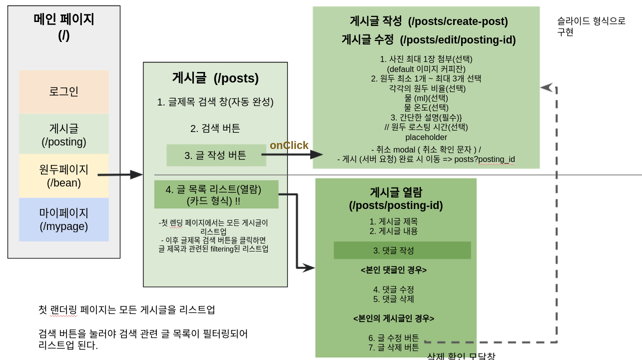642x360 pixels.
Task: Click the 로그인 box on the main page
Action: click(64, 91)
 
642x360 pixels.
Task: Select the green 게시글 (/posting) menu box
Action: click(64, 134)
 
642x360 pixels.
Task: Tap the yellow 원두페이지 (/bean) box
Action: click(64, 176)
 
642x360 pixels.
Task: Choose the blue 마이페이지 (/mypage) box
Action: click(64, 219)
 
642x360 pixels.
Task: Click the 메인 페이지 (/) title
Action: click(64, 26)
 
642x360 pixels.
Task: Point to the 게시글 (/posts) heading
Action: click(215, 78)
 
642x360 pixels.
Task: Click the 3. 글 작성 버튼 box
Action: click(216, 155)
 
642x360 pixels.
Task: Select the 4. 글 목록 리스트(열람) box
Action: click(216, 194)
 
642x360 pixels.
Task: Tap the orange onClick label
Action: click(289, 145)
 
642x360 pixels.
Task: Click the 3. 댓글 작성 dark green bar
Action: click(402, 250)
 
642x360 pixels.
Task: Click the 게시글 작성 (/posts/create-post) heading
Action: click(429, 21)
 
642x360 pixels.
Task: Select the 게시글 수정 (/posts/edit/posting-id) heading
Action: click(429, 40)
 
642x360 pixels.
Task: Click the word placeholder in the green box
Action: click(426, 137)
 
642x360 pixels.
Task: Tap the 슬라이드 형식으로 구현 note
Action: click(591, 26)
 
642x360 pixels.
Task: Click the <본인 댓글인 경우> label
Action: click(394, 270)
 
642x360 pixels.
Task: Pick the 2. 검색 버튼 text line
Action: click(215, 128)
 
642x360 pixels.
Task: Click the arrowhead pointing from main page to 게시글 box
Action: click(136, 174)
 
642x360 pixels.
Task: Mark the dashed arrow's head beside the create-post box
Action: click(546, 87)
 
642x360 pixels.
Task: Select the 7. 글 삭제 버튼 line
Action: click(394, 347)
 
